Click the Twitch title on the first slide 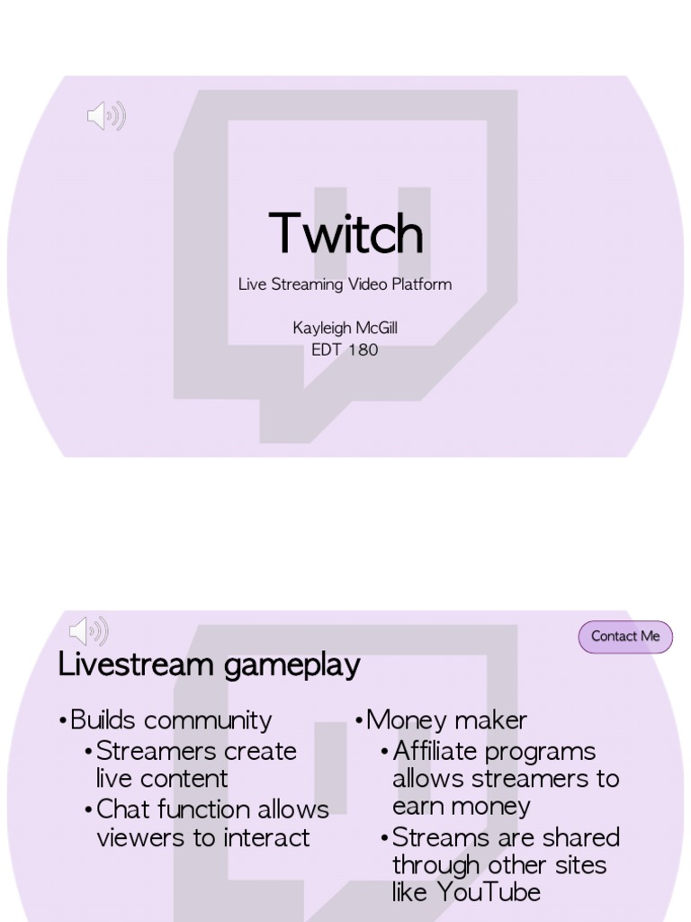pyautogui.click(x=345, y=234)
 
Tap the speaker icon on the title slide pyautogui.click(x=105, y=116)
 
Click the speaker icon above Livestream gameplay pyautogui.click(x=88, y=631)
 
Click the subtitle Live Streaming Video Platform pyautogui.click(x=345, y=285)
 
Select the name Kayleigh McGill pyautogui.click(x=345, y=328)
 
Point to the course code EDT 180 pyautogui.click(x=345, y=349)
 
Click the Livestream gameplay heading pyautogui.click(x=209, y=665)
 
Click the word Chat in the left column pyautogui.click(x=121, y=809)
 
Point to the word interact pyautogui.click(x=266, y=837)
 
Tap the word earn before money pyautogui.click(x=419, y=806)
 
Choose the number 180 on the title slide pyautogui.click(x=363, y=349)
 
